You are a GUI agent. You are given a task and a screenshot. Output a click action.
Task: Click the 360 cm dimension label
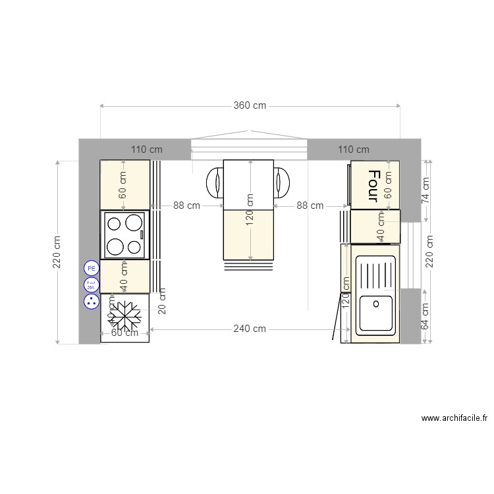point(250,105)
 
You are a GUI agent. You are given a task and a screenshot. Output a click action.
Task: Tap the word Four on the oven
point(374,186)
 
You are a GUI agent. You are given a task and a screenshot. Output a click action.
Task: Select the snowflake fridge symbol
point(125,317)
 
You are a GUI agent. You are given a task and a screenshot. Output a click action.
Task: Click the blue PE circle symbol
point(91,268)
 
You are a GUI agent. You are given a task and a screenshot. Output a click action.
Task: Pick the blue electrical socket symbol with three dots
point(91,302)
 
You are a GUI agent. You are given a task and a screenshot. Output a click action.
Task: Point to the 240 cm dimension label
point(250,329)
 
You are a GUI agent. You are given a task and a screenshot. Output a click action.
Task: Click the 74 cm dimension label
point(425,190)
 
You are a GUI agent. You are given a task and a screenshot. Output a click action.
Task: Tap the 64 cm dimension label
point(425,316)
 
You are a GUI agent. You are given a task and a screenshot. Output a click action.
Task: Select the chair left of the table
point(215,182)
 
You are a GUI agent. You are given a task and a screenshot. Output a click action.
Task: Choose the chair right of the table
point(282,182)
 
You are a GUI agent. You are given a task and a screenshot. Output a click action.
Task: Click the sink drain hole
point(375,304)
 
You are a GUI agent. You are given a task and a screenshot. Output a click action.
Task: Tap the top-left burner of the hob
point(115,223)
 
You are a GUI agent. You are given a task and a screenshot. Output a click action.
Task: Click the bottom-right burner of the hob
point(135,248)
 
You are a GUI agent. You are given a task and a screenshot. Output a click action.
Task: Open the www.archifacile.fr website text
point(454,418)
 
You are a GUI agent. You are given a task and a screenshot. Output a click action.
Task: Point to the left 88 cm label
point(187,206)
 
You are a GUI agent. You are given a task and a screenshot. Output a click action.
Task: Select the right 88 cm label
point(310,206)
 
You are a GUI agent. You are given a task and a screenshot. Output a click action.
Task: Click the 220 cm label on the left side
point(57,252)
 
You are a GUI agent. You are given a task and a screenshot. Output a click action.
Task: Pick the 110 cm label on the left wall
point(146,150)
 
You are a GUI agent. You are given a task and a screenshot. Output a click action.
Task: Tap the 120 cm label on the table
point(250,209)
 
